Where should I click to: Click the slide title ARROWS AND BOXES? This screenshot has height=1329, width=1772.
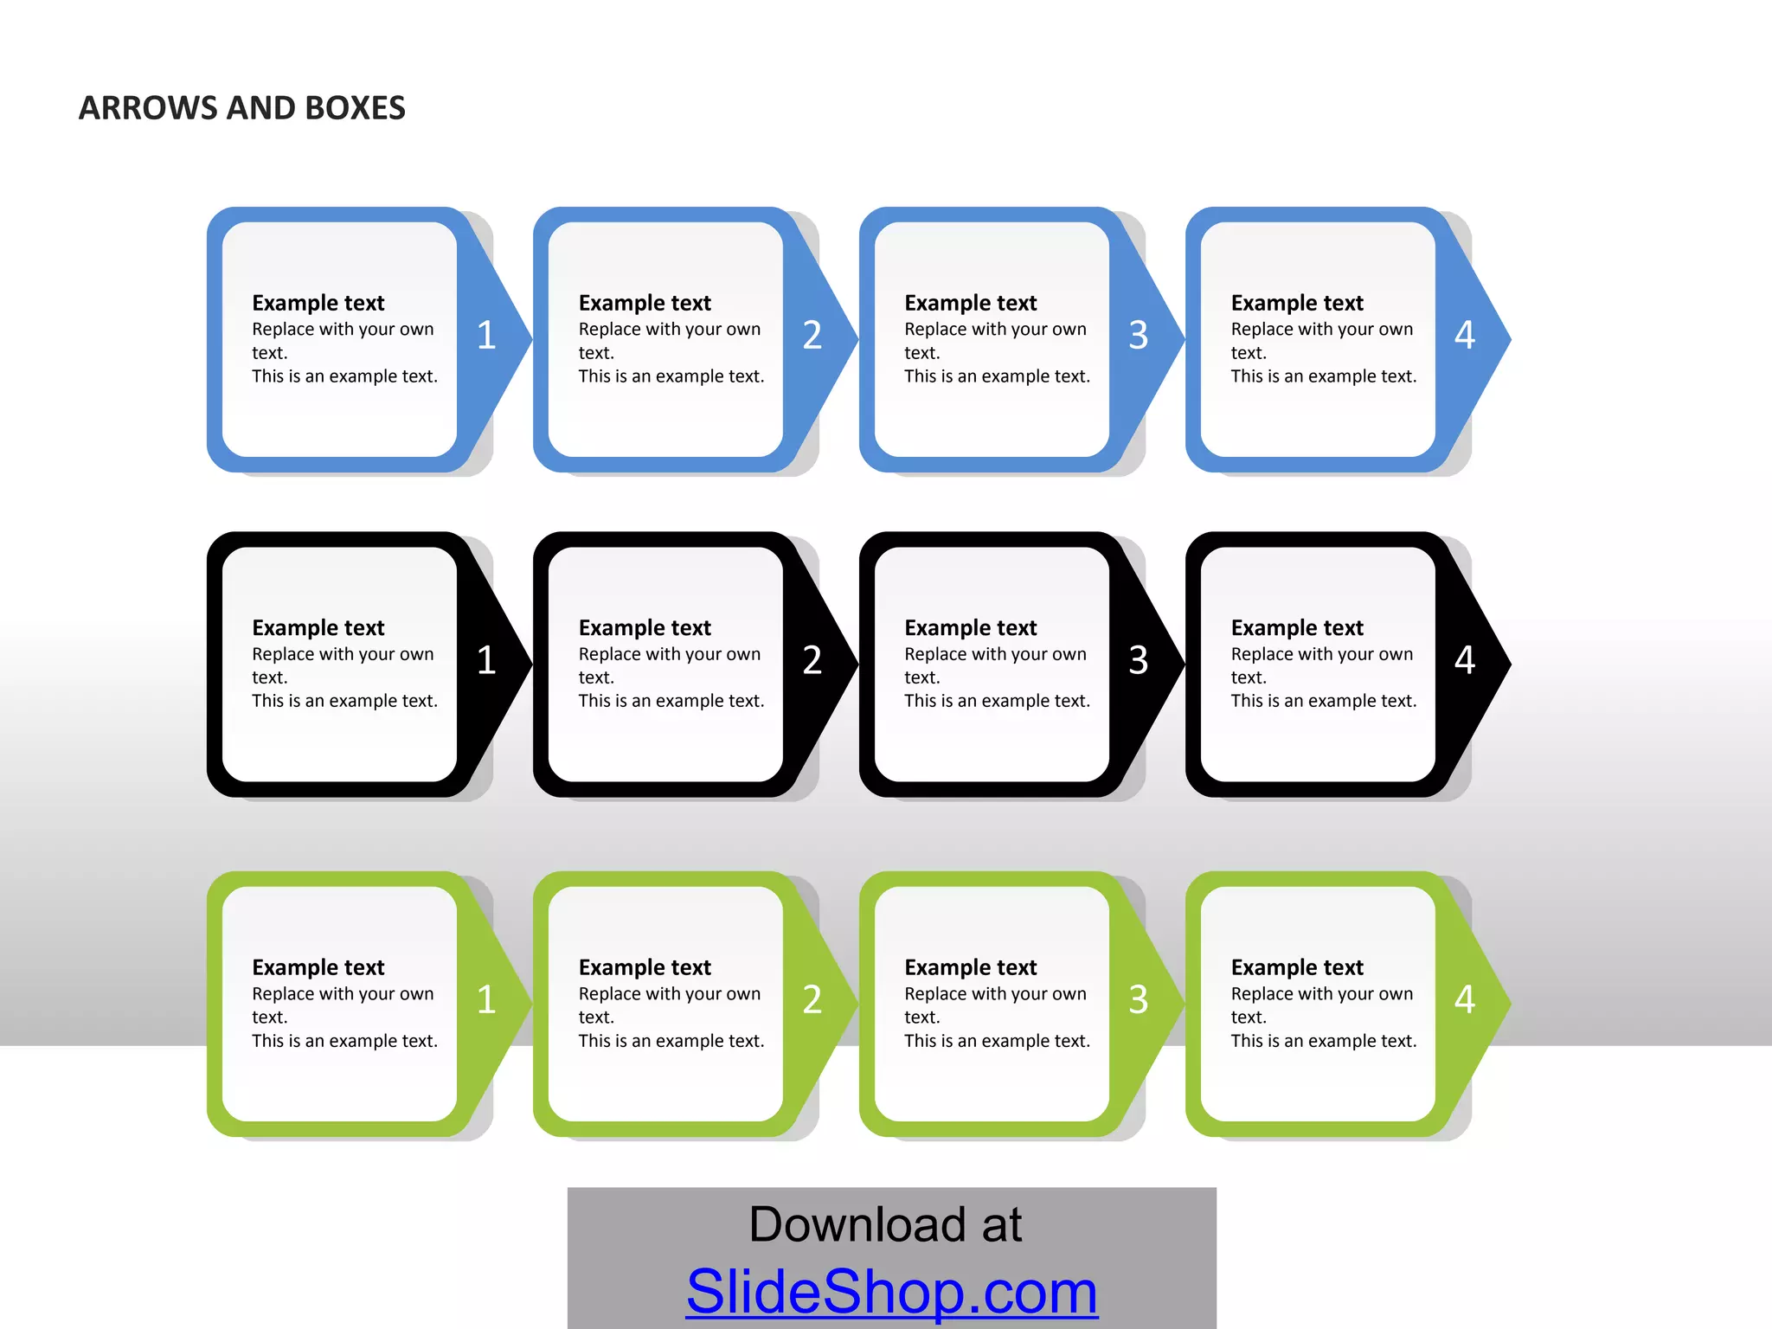(242, 108)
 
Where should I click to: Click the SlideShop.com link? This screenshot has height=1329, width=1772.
(892, 1291)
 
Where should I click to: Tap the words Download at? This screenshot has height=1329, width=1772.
(885, 1224)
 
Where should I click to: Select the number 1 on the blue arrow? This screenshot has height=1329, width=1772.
(486, 335)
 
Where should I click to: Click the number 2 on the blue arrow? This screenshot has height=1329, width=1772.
(812, 335)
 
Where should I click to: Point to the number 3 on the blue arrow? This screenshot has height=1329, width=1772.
(1139, 335)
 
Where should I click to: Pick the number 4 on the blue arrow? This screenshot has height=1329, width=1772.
(1465, 335)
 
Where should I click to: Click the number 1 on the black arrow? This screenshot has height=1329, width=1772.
(486, 660)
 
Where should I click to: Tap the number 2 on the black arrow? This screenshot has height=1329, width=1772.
(812, 660)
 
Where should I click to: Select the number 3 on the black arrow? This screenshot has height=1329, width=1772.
(1139, 660)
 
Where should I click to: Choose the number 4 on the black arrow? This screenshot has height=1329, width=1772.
(1465, 660)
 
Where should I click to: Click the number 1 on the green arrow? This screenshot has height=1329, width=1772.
(486, 999)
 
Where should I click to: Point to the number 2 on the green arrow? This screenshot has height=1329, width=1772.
(812, 999)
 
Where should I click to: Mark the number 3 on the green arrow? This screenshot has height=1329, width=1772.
(1139, 999)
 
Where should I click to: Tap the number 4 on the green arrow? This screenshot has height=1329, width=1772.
(1465, 999)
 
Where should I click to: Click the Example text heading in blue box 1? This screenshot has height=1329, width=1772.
(318, 303)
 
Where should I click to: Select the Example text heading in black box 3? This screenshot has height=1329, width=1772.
(971, 627)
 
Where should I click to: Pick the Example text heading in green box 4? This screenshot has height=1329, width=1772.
(1297, 967)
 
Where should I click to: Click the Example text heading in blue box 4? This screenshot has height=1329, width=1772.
(1297, 303)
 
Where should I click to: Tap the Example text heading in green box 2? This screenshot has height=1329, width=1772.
(645, 967)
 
